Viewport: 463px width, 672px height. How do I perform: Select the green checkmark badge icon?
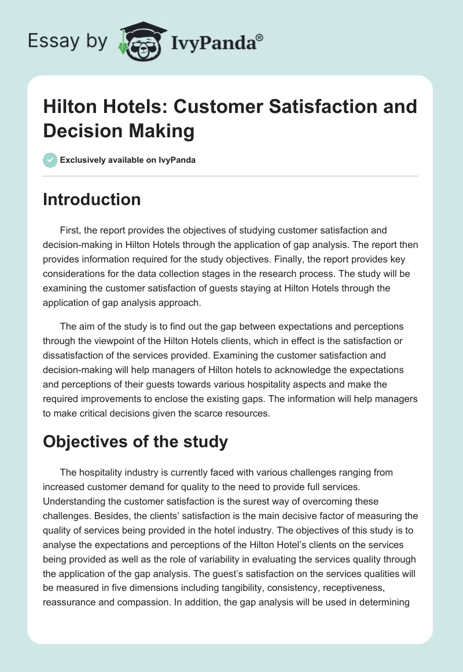(x=50, y=160)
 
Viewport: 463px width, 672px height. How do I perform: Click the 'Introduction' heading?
(x=92, y=200)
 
